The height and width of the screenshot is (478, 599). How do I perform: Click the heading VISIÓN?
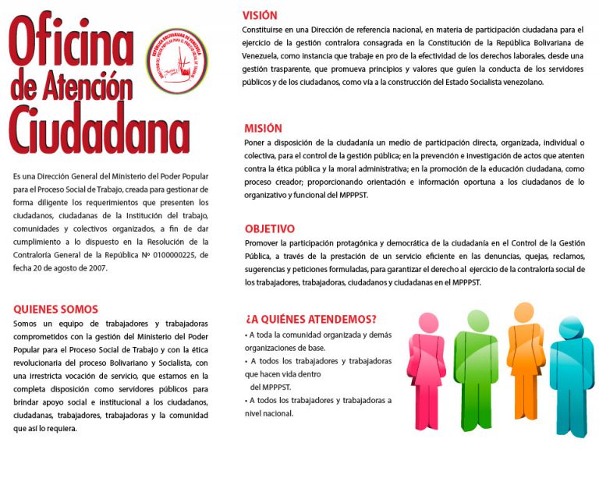click(260, 16)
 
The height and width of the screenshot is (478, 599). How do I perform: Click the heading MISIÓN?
click(263, 129)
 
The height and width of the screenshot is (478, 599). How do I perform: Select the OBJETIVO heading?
click(270, 229)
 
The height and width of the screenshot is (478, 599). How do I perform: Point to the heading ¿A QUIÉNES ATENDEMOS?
click(311, 319)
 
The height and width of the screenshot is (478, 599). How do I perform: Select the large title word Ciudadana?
click(100, 129)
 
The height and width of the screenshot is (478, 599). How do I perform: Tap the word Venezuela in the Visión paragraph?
click(264, 56)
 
